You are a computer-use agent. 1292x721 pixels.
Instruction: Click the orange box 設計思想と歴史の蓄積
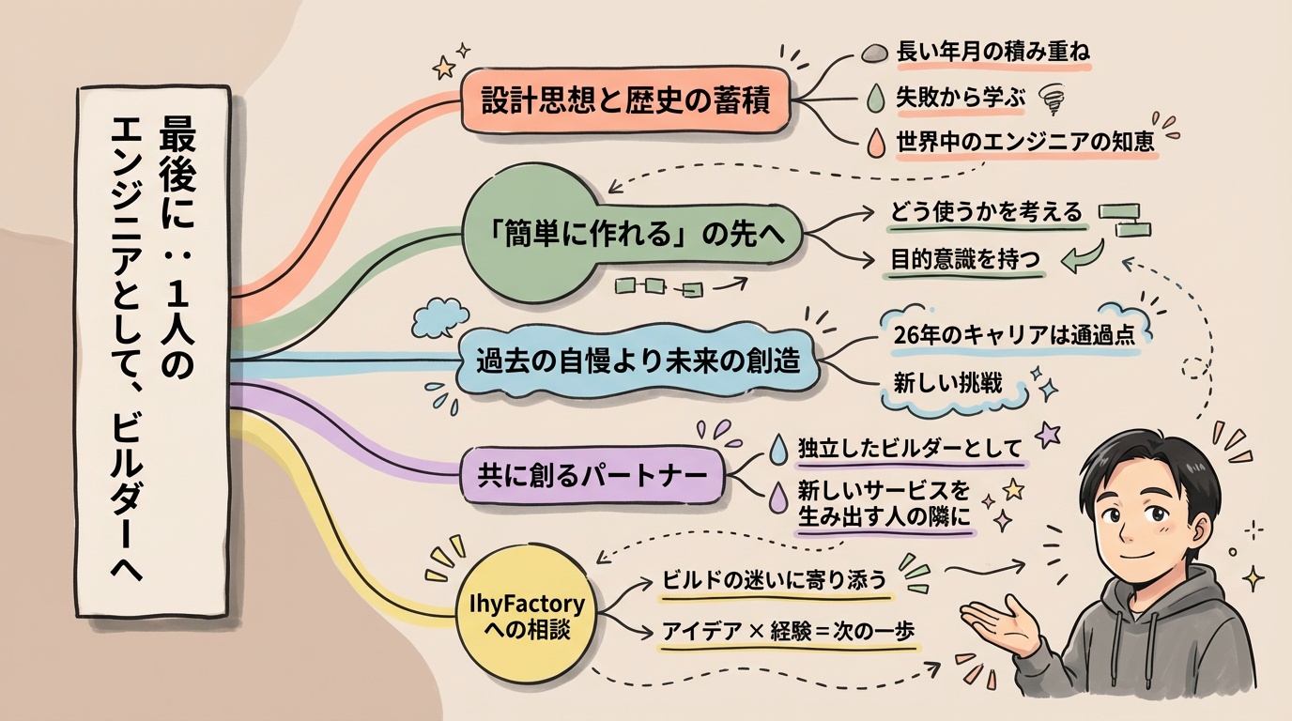pos(624,100)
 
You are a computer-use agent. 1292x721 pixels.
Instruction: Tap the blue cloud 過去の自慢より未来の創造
pos(638,360)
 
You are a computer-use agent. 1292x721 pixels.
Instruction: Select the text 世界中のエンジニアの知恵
pos(1025,142)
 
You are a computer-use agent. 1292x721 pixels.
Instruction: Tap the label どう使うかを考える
pos(986,212)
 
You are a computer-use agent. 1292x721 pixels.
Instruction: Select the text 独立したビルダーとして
pos(908,449)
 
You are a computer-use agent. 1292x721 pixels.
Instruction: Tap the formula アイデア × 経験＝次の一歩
pos(788,631)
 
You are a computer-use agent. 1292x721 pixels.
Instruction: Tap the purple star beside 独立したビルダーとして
pos(1047,434)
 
